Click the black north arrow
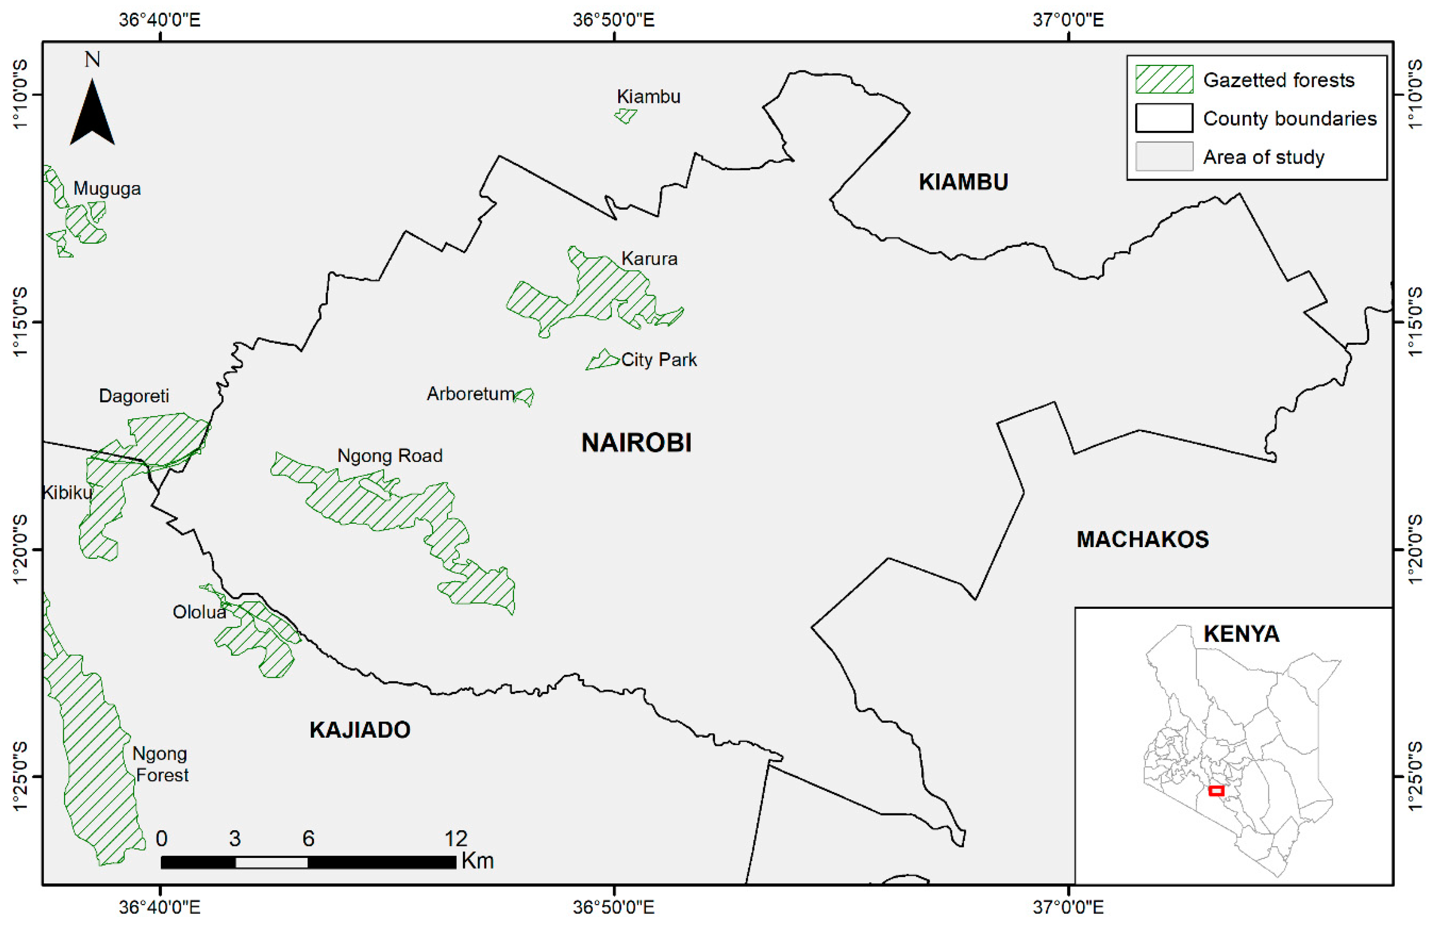tap(92, 115)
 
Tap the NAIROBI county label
tap(636, 443)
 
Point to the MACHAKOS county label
tap(1142, 539)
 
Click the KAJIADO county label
tap(360, 730)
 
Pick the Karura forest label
tap(649, 259)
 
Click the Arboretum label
tap(470, 394)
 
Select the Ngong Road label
tap(389, 455)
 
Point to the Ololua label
tap(199, 612)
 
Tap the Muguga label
tap(107, 189)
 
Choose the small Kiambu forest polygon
tap(626, 115)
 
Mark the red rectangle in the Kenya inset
tap(1216, 790)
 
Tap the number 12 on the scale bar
tap(456, 838)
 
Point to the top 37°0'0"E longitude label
tap(1068, 20)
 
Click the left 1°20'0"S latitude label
tap(20, 549)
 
